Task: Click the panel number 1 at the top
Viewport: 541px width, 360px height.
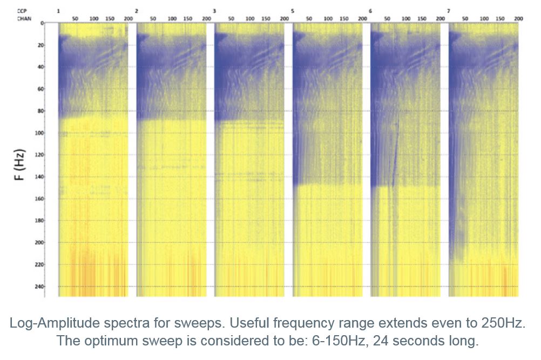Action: click(x=58, y=11)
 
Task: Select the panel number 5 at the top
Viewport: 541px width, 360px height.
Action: click(x=293, y=11)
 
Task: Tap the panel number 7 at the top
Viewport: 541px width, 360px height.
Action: click(x=449, y=11)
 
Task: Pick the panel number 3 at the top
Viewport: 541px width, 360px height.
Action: click(x=214, y=11)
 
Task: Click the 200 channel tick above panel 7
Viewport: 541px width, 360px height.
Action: click(x=518, y=18)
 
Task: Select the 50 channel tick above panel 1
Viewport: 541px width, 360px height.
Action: click(x=75, y=18)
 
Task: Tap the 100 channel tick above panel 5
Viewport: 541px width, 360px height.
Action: click(x=328, y=18)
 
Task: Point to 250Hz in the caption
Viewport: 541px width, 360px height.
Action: click(x=506, y=324)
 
